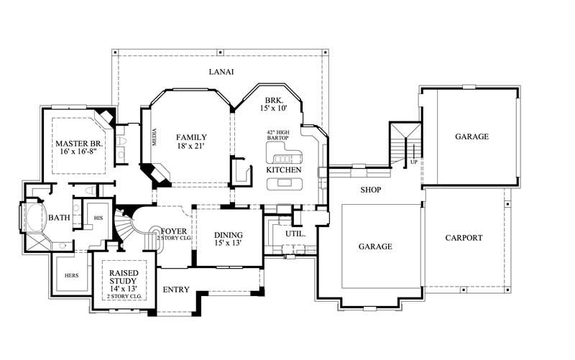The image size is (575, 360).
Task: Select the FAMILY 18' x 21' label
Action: pyautogui.click(x=192, y=142)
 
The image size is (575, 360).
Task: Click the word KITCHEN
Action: pyautogui.click(x=284, y=169)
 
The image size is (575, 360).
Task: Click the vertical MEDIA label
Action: pyautogui.click(x=154, y=138)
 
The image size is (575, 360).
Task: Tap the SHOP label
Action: pyautogui.click(x=371, y=190)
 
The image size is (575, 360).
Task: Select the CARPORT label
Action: pyautogui.click(x=464, y=238)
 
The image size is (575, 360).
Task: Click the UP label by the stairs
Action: pyautogui.click(x=413, y=162)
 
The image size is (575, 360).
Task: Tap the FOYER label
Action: pyautogui.click(x=175, y=231)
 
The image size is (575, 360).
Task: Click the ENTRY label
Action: pyautogui.click(x=176, y=290)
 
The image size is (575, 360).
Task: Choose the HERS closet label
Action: pyautogui.click(x=70, y=275)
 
